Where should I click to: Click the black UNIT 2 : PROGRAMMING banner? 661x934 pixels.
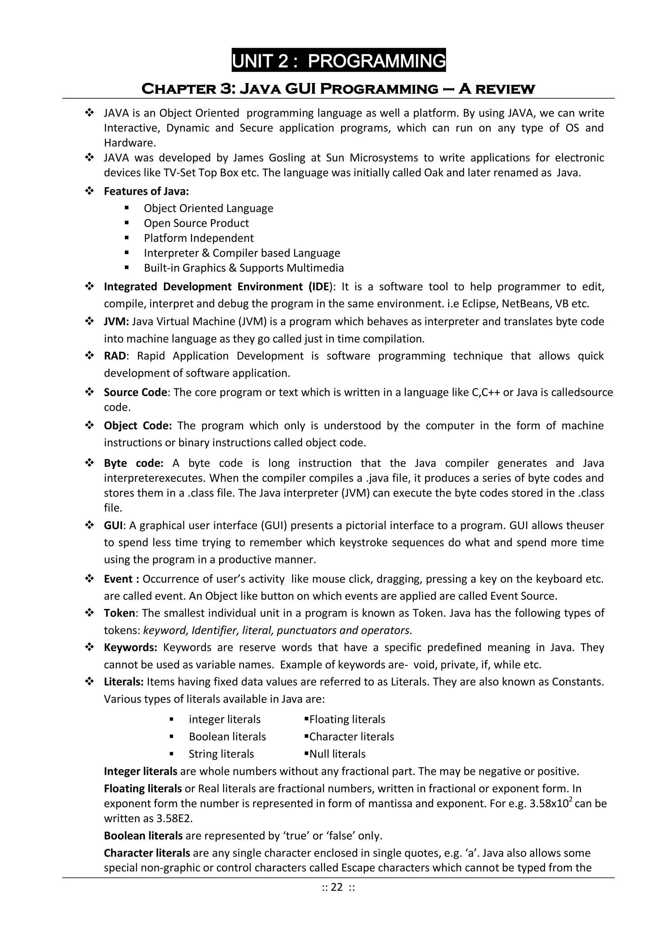pos(338,60)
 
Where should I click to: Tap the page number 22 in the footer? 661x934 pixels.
pos(337,898)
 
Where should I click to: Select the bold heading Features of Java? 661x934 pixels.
pos(146,191)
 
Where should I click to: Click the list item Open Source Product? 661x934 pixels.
pos(196,223)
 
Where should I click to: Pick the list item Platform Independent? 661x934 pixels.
pos(198,238)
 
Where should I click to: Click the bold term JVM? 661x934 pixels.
pos(117,321)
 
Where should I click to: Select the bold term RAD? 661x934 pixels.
pos(115,356)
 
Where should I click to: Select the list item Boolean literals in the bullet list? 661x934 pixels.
pos(227,737)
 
